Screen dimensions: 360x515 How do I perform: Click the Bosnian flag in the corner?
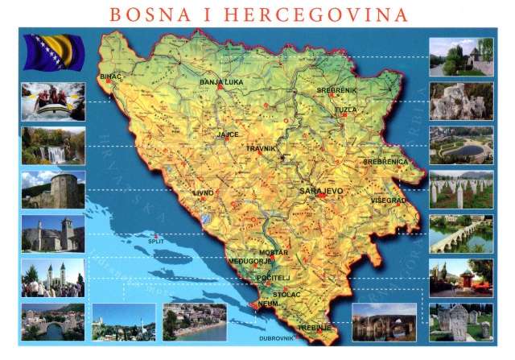[x=51, y=52]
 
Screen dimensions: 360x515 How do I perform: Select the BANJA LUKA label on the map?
[x=221, y=82]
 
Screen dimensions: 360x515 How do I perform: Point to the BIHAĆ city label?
[x=110, y=77]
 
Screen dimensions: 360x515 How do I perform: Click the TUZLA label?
[x=346, y=109]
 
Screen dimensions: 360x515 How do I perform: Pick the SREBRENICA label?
[x=386, y=161]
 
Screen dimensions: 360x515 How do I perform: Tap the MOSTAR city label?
[x=274, y=253]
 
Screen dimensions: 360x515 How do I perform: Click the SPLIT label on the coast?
[x=155, y=239]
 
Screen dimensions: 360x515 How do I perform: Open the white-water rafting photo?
[x=52, y=101]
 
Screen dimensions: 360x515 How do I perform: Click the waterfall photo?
[x=52, y=145]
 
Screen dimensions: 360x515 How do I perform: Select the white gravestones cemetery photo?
[x=461, y=190]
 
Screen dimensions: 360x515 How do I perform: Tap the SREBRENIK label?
[x=336, y=89]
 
